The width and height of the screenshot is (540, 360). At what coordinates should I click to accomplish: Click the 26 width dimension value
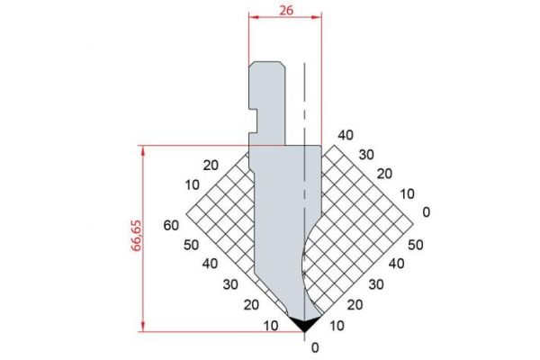286,10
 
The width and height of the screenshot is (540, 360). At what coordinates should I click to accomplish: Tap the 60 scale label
171,225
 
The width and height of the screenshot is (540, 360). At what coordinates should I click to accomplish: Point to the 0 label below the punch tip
315,348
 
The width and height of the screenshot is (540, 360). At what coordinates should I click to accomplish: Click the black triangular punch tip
304,325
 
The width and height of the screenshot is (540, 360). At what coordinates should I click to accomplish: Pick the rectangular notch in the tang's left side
253,121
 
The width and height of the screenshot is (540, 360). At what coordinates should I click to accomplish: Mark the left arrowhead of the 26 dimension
254,17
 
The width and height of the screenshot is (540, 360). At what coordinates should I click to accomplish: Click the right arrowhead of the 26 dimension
317,17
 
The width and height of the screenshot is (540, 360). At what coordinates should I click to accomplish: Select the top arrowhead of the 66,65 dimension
143,151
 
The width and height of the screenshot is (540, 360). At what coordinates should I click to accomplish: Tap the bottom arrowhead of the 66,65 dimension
143,327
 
